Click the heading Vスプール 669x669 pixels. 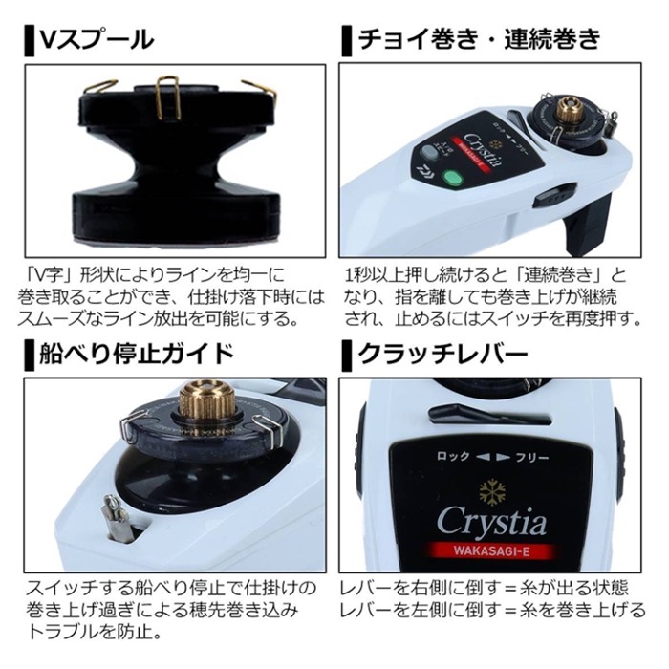tap(96, 39)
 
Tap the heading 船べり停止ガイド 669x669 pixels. tap(138, 356)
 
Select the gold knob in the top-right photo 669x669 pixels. tap(571, 110)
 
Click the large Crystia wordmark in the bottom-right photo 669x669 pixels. tap(491, 522)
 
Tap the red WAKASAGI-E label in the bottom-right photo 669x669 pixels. tap(491, 553)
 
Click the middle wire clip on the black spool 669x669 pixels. tap(168, 96)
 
